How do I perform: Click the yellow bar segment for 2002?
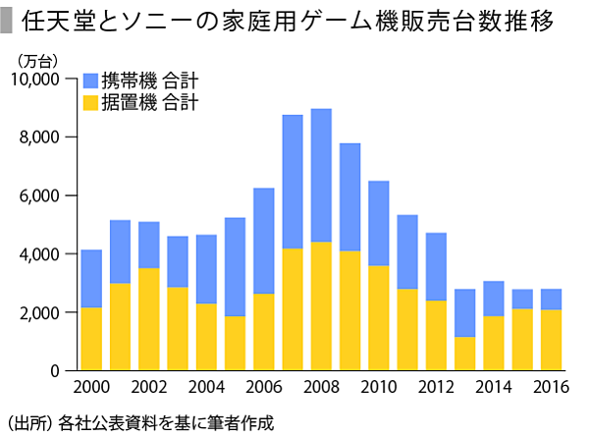point(148,319)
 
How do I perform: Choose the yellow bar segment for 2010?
point(379,318)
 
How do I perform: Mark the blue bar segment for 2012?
point(436,266)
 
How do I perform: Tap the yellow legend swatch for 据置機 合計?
point(91,102)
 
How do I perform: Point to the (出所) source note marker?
point(28,423)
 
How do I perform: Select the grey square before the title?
point(8,21)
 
